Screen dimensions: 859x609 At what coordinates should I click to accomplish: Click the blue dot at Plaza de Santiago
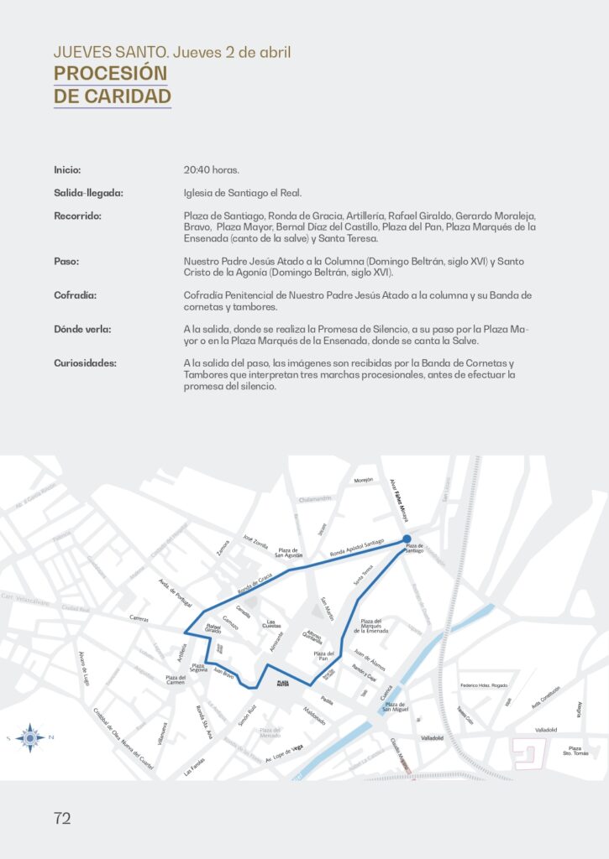pyautogui.click(x=407, y=539)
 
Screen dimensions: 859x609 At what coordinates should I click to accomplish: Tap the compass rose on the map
pyautogui.click(x=30, y=737)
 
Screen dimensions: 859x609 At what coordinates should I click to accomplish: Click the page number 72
pyautogui.click(x=62, y=819)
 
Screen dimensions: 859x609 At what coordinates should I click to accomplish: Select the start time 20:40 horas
pyautogui.click(x=211, y=169)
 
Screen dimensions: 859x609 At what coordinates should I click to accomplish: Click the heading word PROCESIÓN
pyautogui.click(x=110, y=74)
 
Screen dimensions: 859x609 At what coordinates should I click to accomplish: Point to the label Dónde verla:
pyautogui.click(x=82, y=329)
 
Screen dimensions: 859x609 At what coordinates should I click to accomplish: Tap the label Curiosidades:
pyautogui.click(x=86, y=363)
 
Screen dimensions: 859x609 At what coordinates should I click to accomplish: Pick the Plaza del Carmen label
pyautogui.click(x=176, y=679)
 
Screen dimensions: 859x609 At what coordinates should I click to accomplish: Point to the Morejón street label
pyautogui.click(x=363, y=481)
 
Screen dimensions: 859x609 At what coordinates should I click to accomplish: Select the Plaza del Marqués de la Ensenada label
pyautogui.click(x=370, y=626)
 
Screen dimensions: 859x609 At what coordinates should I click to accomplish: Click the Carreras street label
pyautogui.click(x=139, y=617)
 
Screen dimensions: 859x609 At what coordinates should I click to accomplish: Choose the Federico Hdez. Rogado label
pyautogui.click(x=485, y=686)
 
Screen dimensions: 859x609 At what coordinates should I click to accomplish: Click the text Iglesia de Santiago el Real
pyautogui.click(x=242, y=193)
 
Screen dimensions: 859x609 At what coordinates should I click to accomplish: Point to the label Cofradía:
pyautogui.click(x=75, y=295)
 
